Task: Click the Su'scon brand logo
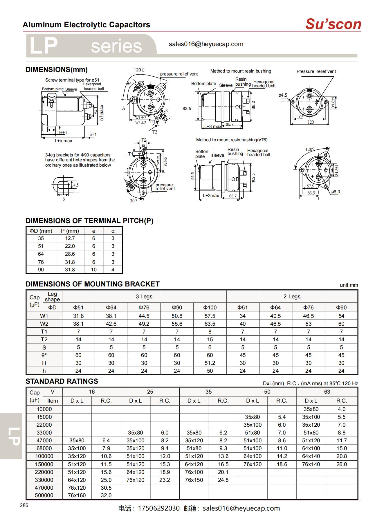pos(333,24)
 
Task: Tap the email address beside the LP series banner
pos(206,44)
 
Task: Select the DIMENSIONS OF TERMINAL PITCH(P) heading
pos(89,221)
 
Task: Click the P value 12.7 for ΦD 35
pos(70,238)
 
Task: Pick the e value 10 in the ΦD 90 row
pos(94,270)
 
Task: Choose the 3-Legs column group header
pos(144,297)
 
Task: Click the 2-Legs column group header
pos(292,297)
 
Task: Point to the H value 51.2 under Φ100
pos(210,363)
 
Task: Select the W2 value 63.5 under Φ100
pos(210,324)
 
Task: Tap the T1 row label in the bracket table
pos(44,332)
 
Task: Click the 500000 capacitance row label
pos(44,495)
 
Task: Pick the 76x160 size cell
pos(77,495)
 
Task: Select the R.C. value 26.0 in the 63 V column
pos(342,464)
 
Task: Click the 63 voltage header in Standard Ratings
pos(327,392)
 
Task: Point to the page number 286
pos(24,505)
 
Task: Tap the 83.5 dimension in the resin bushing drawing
pos(187,109)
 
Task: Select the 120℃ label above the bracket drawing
pos(139,70)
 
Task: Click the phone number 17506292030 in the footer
pos(159,509)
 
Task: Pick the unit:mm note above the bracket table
pos(349,285)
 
